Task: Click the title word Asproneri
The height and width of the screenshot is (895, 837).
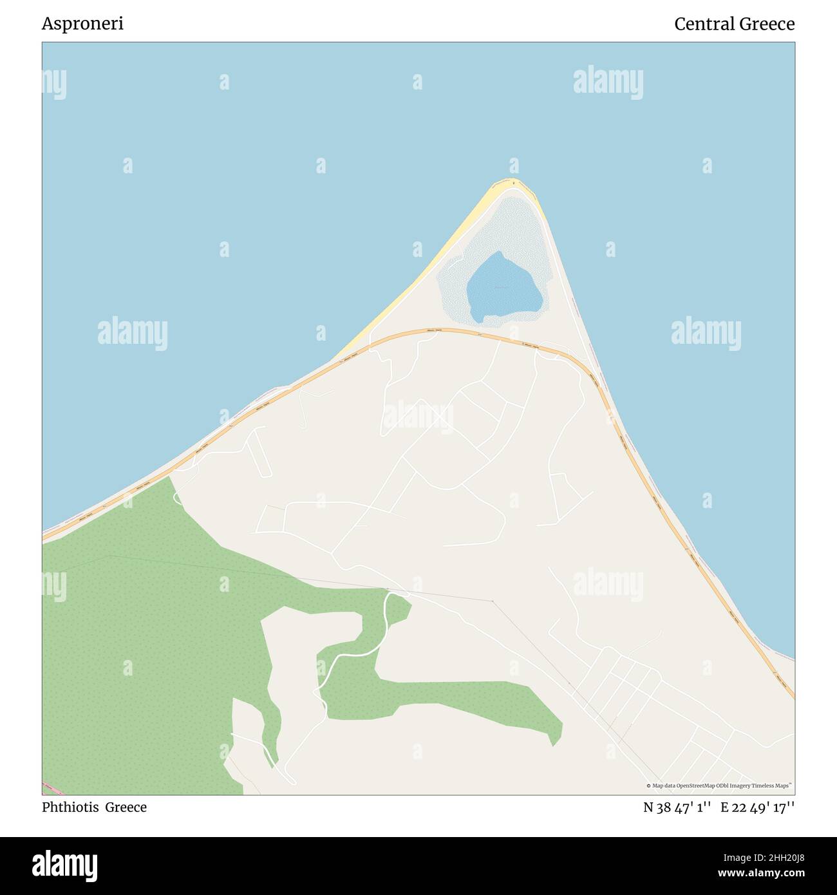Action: click(x=82, y=24)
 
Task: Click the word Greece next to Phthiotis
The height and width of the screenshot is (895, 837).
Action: click(x=126, y=807)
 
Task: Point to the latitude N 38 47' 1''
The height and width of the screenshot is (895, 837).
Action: click(x=677, y=807)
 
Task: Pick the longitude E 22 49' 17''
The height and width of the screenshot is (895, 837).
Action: click(x=757, y=807)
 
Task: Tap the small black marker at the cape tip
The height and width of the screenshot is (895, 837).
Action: click(x=514, y=184)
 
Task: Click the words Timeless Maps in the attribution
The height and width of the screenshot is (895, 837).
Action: click(x=775, y=786)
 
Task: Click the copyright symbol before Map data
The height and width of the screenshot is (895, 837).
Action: click(x=649, y=786)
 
